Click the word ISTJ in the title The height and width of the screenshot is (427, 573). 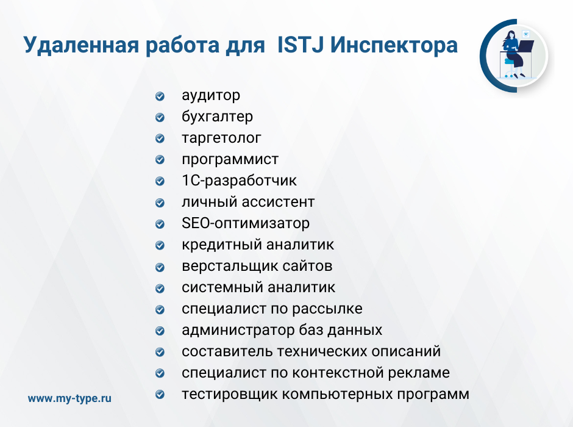tap(301, 45)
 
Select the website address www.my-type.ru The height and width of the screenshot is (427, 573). tap(69, 398)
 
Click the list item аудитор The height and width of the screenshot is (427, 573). tap(211, 95)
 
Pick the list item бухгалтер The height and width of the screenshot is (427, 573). tap(217, 117)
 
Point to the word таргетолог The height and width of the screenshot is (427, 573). tap(221, 138)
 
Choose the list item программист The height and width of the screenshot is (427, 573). tap(230, 159)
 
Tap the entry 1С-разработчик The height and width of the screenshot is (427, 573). tap(240, 180)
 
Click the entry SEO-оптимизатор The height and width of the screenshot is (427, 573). tap(246, 223)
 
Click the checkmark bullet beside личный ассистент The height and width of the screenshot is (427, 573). tap(160, 203)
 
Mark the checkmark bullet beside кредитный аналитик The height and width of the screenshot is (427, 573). tap(160, 245)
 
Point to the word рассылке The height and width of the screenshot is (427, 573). tap(327, 309)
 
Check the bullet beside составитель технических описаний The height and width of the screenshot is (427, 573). tap(160, 352)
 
